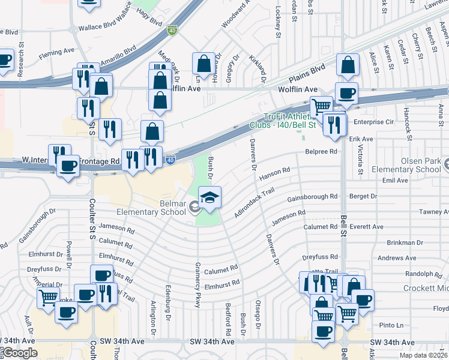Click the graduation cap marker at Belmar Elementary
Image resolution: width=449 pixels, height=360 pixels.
209,197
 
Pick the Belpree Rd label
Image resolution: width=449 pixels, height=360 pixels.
321,152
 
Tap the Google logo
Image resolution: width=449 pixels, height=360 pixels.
20,353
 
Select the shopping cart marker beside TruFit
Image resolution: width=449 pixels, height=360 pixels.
322,106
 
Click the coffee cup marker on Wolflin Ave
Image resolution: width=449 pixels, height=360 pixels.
346,93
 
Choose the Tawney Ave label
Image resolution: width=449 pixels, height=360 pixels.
434,212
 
